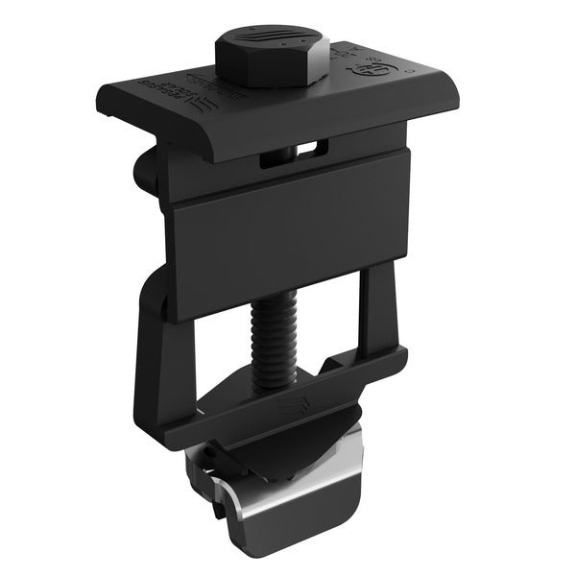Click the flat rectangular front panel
(288, 235)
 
